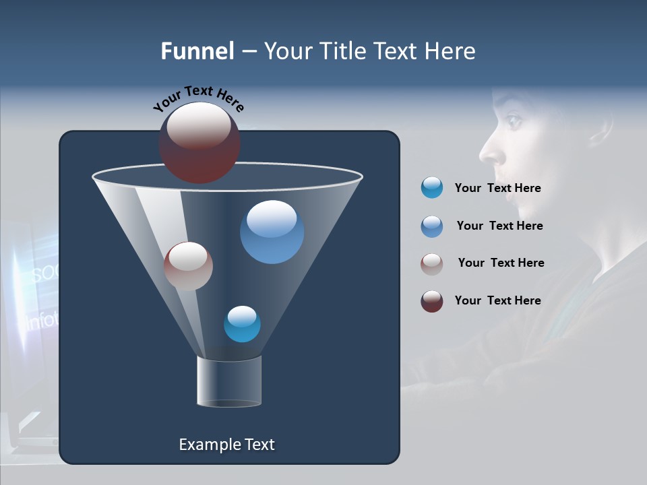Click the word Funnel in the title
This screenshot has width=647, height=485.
click(197, 51)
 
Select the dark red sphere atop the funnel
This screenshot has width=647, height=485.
click(199, 143)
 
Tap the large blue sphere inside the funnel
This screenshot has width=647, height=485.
click(272, 232)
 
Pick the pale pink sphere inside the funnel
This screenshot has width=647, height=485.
click(188, 266)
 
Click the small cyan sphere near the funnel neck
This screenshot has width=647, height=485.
click(242, 324)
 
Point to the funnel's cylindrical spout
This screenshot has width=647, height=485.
click(229, 381)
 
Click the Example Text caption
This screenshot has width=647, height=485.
click(226, 445)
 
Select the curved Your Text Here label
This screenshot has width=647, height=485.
click(198, 97)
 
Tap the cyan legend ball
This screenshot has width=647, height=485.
click(432, 187)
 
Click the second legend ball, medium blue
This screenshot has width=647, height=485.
click(432, 226)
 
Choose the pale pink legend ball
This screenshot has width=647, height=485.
click(432, 263)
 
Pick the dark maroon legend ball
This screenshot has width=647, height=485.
click(432, 301)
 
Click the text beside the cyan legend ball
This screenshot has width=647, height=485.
click(497, 188)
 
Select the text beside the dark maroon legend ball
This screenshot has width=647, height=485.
click(497, 300)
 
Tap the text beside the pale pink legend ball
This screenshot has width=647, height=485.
click(501, 263)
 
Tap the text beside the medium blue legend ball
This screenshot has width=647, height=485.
click(499, 226)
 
